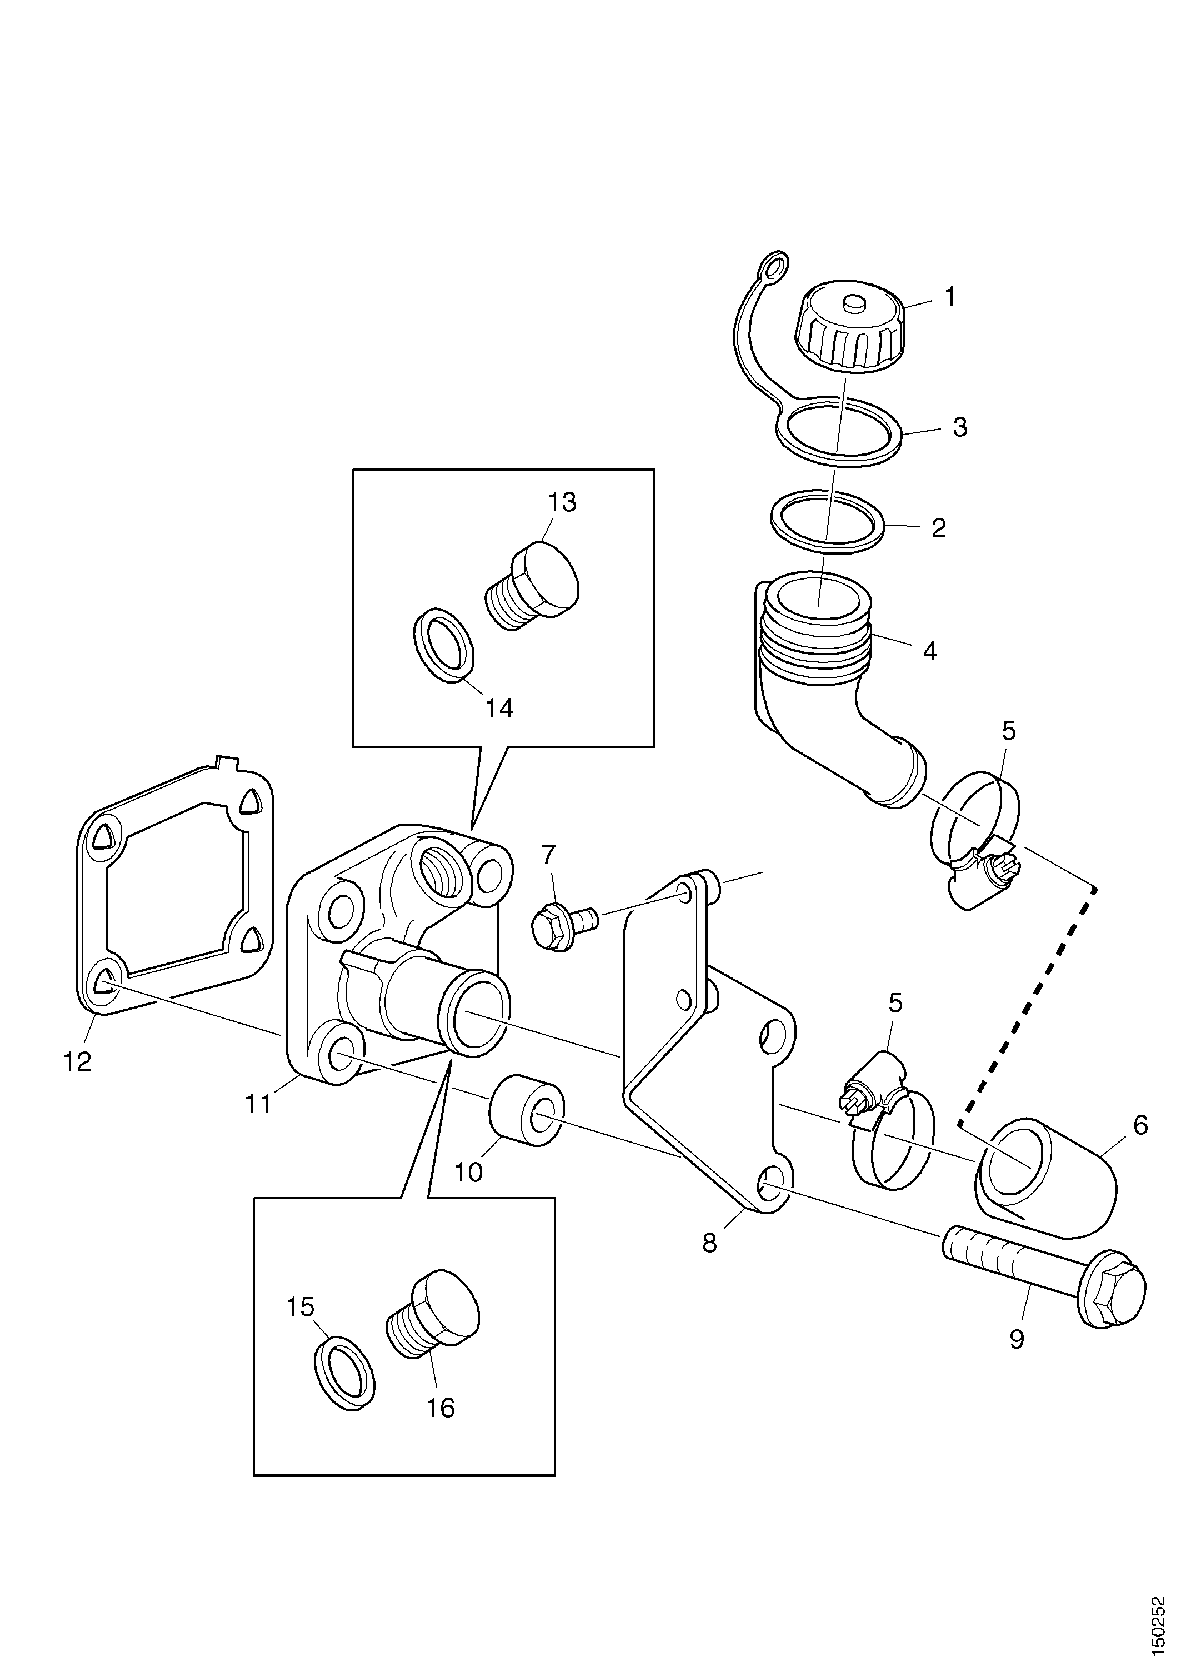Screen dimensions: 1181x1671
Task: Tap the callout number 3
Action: coord(960,427)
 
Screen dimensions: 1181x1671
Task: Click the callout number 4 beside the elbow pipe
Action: coord(930,650)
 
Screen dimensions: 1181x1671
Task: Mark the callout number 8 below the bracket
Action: coord(709,1243)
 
